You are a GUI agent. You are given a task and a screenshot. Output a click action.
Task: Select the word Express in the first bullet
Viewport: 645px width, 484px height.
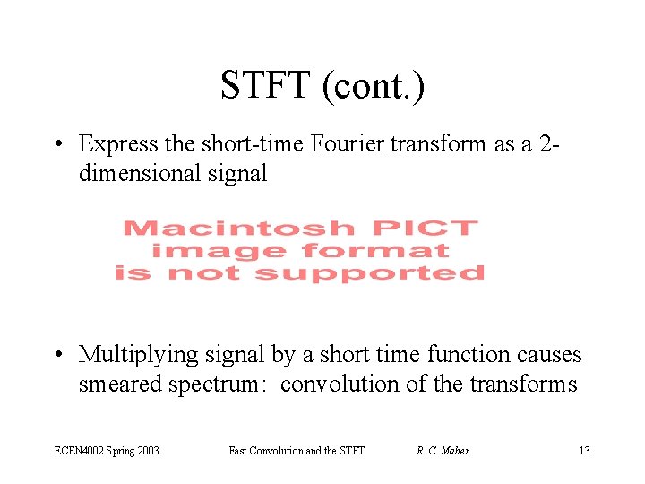[114, 143]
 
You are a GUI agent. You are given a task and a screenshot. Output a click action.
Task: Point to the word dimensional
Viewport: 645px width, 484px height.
[142, 173]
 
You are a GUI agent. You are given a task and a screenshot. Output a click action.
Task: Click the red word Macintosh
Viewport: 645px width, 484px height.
[238, 229]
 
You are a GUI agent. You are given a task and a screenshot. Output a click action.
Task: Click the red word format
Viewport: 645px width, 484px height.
[376, 251]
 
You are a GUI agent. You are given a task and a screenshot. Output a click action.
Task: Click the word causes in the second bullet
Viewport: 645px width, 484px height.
[549, 355]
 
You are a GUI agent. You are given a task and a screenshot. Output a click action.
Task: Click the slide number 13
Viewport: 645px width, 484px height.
[584, 450]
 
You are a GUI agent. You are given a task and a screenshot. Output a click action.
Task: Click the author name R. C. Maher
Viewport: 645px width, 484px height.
[443, 450]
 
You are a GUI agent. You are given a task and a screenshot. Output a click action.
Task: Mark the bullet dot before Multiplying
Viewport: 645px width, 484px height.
[58, 356]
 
